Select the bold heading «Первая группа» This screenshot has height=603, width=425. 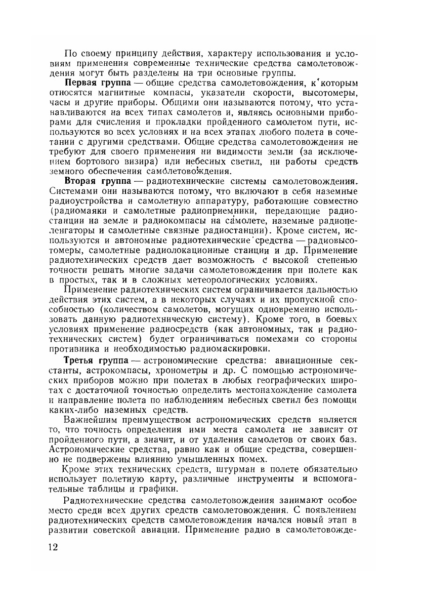(x=95, y=83)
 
